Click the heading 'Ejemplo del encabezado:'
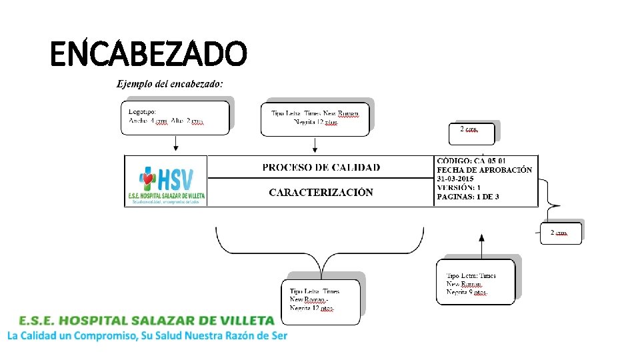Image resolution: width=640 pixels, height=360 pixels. (x=170, y=84)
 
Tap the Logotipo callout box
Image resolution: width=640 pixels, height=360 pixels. (x=175, y=117)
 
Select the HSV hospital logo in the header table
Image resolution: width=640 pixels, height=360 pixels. (x=167, y=181)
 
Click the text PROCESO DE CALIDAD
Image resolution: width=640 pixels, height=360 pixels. (x=321, y=167)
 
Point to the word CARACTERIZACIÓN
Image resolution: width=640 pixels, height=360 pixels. (x=321, y=193)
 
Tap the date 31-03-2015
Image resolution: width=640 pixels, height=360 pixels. (x=455, y=179)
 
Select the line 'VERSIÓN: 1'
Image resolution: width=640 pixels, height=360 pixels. (x=459, y=188)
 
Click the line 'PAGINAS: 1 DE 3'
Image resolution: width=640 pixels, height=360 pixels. (x=468, y=197)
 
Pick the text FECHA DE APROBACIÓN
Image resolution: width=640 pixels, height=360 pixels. (x=485, y=170)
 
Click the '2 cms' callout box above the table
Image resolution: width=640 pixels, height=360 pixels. (x=473, y=132)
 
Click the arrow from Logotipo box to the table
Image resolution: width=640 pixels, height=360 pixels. (x=175, y=143)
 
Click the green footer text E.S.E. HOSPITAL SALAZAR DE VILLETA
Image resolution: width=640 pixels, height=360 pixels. (x=147, y=321)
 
